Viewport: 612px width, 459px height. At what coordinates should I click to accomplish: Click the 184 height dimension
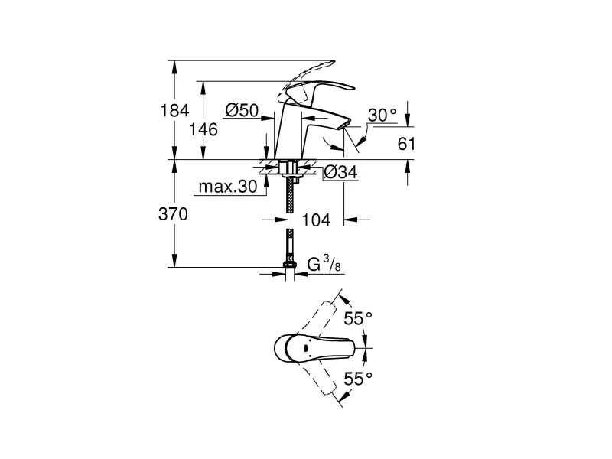tap(176, 111)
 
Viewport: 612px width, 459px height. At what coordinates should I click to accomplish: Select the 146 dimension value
tap(203, 129)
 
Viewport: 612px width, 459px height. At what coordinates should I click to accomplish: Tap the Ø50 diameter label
tap(242, 111)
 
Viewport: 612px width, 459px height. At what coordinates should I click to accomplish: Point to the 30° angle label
tap(382, 115)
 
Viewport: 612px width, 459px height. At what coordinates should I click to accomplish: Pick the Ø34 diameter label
tap(340, 173)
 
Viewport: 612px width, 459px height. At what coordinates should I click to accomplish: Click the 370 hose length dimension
tap(174, 214)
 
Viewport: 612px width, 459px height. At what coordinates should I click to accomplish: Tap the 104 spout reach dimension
tap(315, 220)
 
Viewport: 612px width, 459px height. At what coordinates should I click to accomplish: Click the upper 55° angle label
tap(357, 317)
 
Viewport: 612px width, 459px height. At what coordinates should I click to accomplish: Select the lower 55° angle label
tap(357, 378)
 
